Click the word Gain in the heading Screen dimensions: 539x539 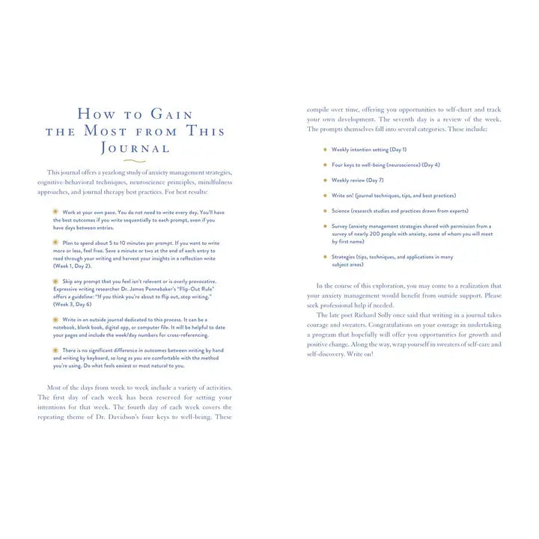pos(172,115)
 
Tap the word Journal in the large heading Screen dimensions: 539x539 pos(135,147)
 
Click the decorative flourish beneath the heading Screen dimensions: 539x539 pos(135,161)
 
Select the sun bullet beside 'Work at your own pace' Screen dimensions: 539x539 pos(55,212)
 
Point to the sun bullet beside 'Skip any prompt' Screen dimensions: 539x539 pos(55,281)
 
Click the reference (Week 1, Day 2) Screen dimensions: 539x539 pos(72,266)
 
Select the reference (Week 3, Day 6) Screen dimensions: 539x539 pos(72,305)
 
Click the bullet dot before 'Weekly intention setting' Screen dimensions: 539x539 pos(325,149)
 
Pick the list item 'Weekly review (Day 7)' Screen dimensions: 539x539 pos(358,180)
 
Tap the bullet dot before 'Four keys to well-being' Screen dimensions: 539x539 pos(325,165)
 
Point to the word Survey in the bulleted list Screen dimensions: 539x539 pos(342,226)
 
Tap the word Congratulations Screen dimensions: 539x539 pos(389,325)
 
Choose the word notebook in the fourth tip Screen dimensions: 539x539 pos(68,327)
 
